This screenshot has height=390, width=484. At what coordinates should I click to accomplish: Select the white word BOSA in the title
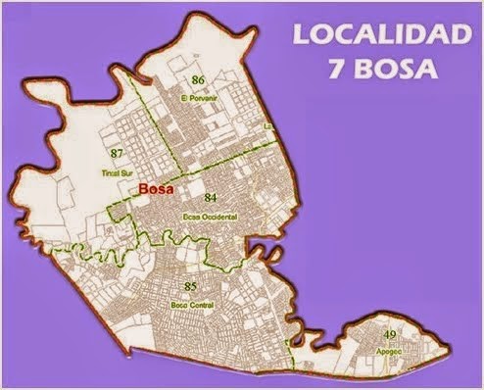click(x=396, y=72)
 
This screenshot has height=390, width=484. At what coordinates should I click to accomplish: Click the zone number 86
click(x=198, y=78)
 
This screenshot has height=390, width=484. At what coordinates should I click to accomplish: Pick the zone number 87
click(x=119, y=153)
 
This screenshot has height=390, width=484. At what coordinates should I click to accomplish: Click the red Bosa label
click(x=157, y=192)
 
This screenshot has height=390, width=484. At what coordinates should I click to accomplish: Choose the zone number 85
click(x=191, y=285)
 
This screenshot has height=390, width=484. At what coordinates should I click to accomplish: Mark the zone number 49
click(x=390, y=336)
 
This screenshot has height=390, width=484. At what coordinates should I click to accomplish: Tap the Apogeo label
click(x=390, y=350)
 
